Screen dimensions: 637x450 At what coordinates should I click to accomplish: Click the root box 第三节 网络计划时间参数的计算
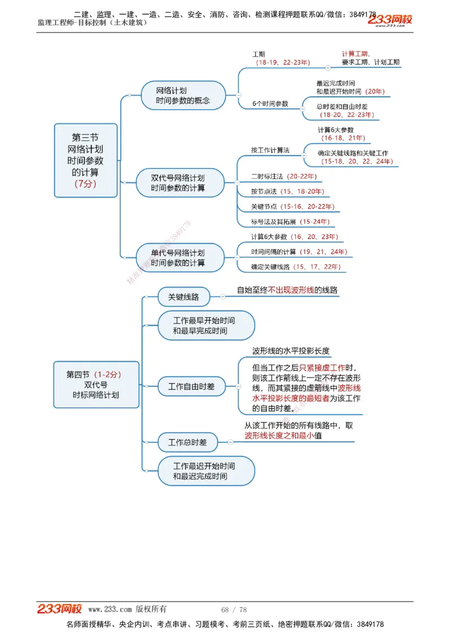pyautogui.click(x=85, y=160)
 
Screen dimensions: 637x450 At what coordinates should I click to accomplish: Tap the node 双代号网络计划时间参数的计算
pyautogui.click(x=178, y=183)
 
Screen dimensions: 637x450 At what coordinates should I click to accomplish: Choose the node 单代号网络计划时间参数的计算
pyautogui.click(x=178, y=258)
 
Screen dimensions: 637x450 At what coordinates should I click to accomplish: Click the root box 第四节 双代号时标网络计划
pyautogui.click(x=96, y=384)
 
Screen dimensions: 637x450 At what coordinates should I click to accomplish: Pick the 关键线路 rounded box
pyautogui.click(x=175, y=297)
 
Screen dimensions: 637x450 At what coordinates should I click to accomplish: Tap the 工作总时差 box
pyautogui.click(x=188, y=443)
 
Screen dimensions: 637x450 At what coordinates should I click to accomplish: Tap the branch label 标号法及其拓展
pyautogui.click(x=274, y=222)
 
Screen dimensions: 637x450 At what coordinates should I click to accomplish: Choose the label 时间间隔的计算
pyautogui.click(x=273, y=252)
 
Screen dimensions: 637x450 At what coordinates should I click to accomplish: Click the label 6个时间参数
pyautogui.click(x=270, y=104)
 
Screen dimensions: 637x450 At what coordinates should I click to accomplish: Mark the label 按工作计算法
pyautogui.click(x=270, y=150)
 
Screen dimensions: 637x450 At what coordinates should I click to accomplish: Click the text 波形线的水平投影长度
pyautogui.click(x=291, y=351)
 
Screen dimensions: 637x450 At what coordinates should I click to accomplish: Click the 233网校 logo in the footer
pyautogui.click(x=60, y=609)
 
